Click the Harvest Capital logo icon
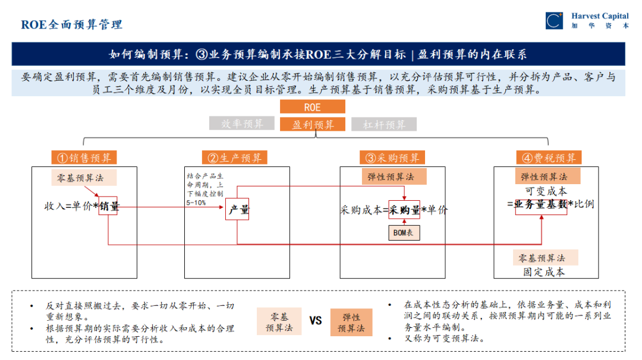coord(554,21)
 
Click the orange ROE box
coord(312,107)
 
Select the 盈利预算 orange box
coord(312,124)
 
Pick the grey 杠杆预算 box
coord(384,124)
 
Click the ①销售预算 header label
coord(84,157)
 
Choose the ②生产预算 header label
coord(235,157)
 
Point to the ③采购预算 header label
coord(392,157)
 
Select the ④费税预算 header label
coord(549,157)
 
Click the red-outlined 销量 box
coord(108,206)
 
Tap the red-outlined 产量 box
coord(237,210)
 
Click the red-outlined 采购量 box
coord(404,210)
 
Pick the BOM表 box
coord(404,233)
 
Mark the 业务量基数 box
coord(540,204)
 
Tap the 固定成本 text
coord(544,272)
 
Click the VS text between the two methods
coord(316,321)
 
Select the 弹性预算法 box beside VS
coord(351,323)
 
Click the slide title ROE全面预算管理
coord(72,24)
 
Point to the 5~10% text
coord(196,203)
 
